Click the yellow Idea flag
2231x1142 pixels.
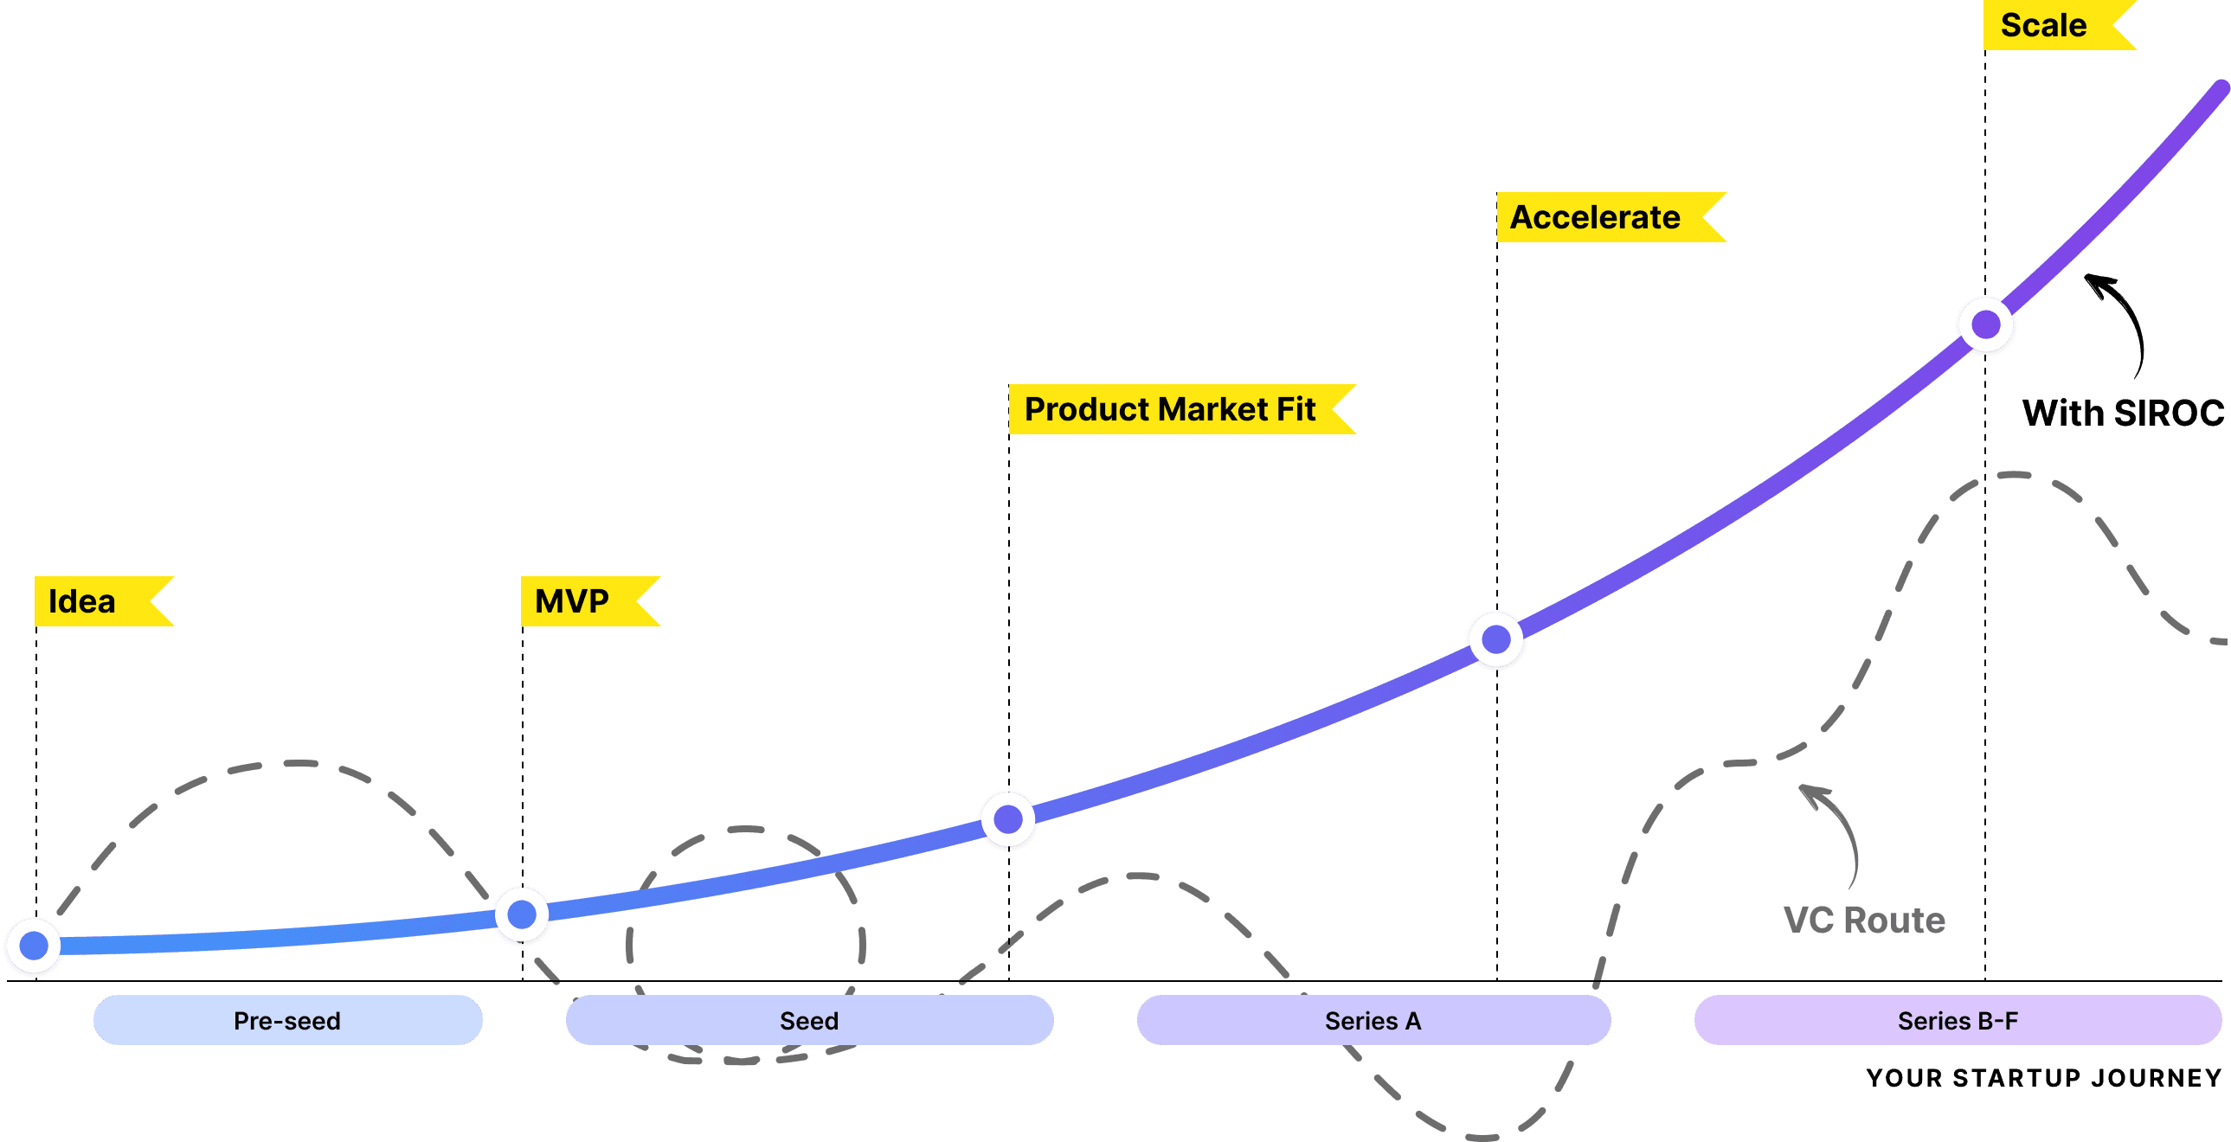tap(95, 601)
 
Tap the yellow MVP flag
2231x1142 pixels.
tap(582, 601)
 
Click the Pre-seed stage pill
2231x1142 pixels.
tap(287, 1020)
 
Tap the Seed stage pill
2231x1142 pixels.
tap(809, 1020)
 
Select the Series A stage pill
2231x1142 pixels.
tap(1373, 1020)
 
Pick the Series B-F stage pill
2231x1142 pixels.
tap(1958, 1020)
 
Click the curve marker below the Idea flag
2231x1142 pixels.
tap(34, 946)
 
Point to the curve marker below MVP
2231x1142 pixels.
tap(521, 914)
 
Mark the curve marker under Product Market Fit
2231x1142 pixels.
tap(1008, 819)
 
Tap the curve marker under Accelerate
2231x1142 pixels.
tap(1496, 640)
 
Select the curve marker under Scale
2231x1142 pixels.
tap(1986, 324)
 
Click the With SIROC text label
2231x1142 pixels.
tap(2122, 413)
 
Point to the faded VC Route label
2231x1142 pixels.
tap(1864, 921)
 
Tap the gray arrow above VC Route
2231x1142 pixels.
tap(1836, 831)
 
